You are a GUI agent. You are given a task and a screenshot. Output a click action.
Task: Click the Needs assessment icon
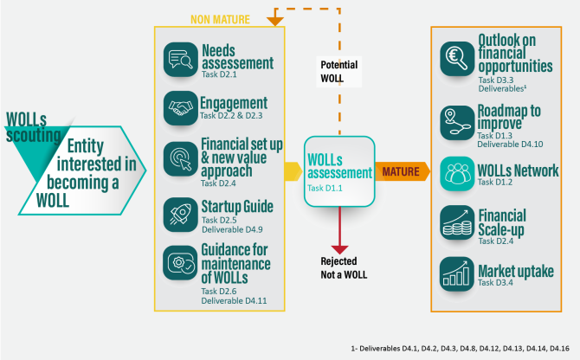click(180, 59)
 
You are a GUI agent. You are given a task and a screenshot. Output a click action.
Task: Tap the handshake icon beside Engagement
click(180, 109)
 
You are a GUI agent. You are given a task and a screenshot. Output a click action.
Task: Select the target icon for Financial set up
click(180, 159)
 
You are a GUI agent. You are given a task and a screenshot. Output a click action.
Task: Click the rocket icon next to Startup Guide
click(180, 213)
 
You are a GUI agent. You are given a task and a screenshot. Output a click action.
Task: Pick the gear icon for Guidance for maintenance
click(180, 262)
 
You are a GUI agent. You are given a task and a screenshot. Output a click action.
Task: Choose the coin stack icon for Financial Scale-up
click(456, 223)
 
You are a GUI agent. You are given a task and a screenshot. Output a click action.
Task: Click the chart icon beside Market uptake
click(456, 273)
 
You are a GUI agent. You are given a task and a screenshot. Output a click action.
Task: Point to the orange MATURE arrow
click(403, 171)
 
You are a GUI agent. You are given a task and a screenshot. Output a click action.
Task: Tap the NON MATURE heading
click(221, 18)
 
